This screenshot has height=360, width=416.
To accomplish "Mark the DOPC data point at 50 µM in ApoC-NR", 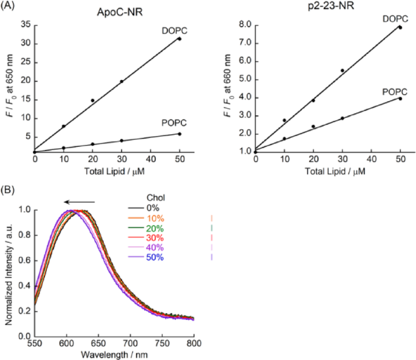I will [179, 39].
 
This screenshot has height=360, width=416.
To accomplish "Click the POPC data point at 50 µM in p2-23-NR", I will [400, 98].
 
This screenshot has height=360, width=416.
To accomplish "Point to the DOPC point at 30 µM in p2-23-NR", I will [342, 70].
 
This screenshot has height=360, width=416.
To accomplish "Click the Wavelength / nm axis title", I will [113, 355].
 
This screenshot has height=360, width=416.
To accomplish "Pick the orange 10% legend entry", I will [157, 218].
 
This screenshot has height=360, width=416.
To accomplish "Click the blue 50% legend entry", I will [157, 257].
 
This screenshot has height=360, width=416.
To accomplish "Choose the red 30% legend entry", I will [157, 238].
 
